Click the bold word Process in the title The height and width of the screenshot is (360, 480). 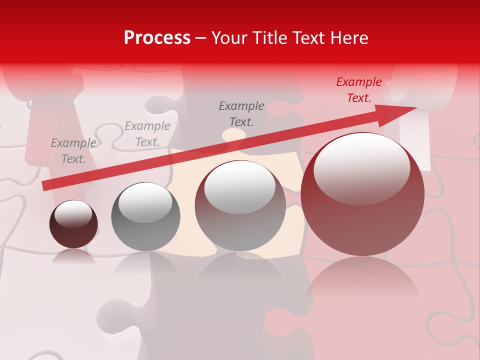coord(157,38)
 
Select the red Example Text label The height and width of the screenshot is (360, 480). coord(359,90)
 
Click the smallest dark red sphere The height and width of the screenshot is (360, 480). coord(73,224)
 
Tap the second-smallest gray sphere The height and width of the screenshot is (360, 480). coord(145,216)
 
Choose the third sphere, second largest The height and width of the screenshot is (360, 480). coord(240,205)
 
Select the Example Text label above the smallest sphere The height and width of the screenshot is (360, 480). coord(73,151)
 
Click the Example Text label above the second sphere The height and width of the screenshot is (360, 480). coord(147,134)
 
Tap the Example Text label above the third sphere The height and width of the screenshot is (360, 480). coord(241,113)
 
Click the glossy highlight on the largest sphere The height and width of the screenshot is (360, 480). coord(361,168)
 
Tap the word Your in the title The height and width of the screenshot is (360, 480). coord(230,38)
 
